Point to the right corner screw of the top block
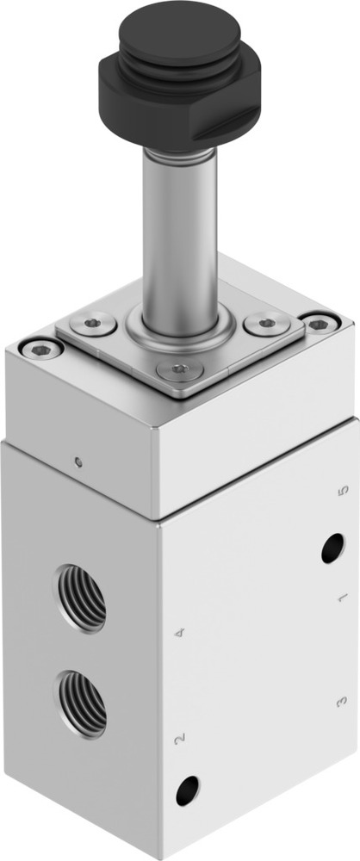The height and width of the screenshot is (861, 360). pyautogui.click(x=320, y=324)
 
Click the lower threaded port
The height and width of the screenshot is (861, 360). pyautogui.click(x=83, y=702)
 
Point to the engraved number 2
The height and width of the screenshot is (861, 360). pyautogui.click(x=178, y=738)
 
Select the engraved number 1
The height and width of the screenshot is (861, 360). pyautogui.click(x=341, y=596)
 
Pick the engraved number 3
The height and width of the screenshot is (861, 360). pyautogui.click(x=340, y=703)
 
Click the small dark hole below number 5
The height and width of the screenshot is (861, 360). pyautogui.click(x=332, y=548)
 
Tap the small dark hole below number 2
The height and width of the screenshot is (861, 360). pyautogui.click(x=187, y=790)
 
